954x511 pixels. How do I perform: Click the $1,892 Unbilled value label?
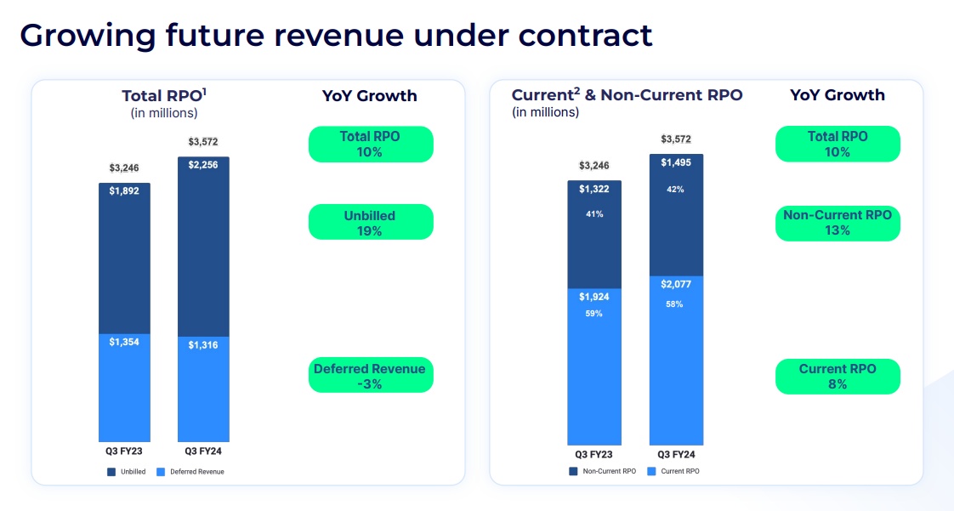click(124, 191)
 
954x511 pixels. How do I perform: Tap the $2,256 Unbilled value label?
click(202, 165)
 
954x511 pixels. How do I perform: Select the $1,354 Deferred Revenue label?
click(124, 341)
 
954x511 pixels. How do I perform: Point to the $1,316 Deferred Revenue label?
click(202, 344)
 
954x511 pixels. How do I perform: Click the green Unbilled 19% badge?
click(370, 223)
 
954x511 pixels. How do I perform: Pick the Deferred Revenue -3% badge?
click(370, 376)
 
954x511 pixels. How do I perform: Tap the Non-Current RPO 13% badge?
click(838, 223)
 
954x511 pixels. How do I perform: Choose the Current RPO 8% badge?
click(838, 377)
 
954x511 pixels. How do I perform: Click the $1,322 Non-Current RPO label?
click(594, 189)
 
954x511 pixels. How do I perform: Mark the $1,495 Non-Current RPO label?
click(676, 163)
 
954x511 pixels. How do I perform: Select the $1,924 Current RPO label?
click(594, 298)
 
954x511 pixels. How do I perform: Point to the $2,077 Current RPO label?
click(676, 284)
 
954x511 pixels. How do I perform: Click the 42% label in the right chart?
click(676, 190)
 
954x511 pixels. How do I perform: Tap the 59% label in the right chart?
click(594, 314)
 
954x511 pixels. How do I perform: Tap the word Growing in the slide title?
click(85, 35)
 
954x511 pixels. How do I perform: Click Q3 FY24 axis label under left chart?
click(202, 451)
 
